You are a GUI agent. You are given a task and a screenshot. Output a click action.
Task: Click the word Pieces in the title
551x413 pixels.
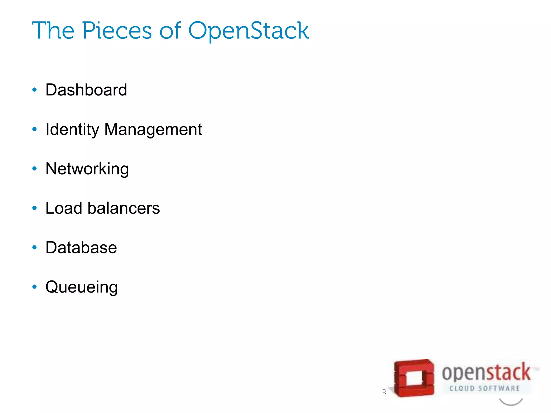(117, 31)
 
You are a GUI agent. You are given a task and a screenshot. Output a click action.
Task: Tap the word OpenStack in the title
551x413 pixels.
(248, 31)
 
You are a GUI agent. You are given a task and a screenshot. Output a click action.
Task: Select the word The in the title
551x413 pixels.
(53, 31)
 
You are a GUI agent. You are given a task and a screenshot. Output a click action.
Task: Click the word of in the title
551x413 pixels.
(170, 31)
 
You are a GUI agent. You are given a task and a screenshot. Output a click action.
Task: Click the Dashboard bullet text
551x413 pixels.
(86, 90)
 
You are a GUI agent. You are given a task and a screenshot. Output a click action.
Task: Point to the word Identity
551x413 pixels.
(72, 130)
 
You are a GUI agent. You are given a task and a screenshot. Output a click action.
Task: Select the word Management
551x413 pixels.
(153, 130)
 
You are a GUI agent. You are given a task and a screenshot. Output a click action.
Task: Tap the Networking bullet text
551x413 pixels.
(87, 169)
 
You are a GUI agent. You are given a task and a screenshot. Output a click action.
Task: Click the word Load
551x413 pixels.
(64, 208)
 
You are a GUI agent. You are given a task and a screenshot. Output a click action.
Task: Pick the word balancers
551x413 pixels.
(123, 208)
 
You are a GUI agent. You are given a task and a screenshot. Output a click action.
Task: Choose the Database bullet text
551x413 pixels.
(81, 248)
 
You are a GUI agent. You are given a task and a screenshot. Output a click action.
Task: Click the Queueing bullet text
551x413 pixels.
(82, 287)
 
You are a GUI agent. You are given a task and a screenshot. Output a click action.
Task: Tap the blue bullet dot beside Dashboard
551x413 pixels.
(34, 90)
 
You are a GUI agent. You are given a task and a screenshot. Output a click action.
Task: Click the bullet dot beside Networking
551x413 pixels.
(34, 169)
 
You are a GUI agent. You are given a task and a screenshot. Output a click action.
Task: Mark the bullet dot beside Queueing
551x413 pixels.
(34, 287)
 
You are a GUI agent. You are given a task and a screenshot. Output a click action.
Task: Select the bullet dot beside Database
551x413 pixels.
(34, 247)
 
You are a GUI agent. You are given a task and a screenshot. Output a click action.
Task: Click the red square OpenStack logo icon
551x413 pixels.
(414, 378)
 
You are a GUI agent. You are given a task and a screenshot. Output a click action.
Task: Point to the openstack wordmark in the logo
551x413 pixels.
(486, 372)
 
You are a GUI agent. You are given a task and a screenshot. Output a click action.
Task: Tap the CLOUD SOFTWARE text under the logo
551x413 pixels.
(485, 389)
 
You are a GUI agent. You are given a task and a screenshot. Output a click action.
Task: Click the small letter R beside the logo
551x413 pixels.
(384, 392)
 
